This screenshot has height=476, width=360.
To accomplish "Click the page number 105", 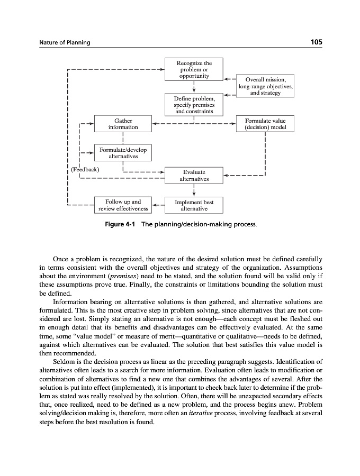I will (x=315, y=42).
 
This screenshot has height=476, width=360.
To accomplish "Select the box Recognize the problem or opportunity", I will (x=193, y=70).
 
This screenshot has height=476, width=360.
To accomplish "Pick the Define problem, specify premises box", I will (x=194, y=105).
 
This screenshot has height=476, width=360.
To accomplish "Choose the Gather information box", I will (x=123, y=124).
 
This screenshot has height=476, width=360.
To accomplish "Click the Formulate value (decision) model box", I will (x=265, y=124).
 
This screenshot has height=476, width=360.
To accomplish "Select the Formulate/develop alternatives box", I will (x=123, y=153).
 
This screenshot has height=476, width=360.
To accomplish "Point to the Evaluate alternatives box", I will (x=194, y=176).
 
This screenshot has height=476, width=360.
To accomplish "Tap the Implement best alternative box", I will (x=194, y=205).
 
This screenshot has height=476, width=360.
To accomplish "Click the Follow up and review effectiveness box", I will (x=123, y=205).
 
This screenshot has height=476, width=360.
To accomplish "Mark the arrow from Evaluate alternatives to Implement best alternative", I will (x=194, y=191).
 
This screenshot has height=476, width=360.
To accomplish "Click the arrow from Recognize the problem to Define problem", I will (x=194, y=88).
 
